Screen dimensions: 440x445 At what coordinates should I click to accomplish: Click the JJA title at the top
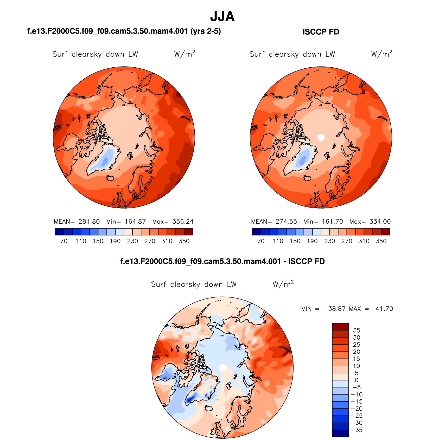tap(222, 16)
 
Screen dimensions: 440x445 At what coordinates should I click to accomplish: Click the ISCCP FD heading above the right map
tap(321, 32)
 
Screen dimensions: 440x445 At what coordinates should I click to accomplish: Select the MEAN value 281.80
tap(89, 222)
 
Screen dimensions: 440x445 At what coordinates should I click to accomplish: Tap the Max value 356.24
tap(183, 222)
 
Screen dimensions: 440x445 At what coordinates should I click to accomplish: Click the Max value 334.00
tap(380, 222)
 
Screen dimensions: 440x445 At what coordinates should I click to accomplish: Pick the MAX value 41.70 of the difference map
tap(384, 309)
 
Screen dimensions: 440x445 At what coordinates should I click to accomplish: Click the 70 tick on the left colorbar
tap(64, 241)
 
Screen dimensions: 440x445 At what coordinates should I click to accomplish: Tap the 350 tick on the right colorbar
tap(381, 241)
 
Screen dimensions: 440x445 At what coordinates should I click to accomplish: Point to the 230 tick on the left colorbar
tap(132, 241)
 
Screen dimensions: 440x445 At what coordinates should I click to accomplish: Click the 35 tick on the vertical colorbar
tap(357, 330)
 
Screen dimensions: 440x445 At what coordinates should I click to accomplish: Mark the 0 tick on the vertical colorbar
tap(357, 380)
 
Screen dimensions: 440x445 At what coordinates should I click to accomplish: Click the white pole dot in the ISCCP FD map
tap(321, 137)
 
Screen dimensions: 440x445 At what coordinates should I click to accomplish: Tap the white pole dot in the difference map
tap(222, 367)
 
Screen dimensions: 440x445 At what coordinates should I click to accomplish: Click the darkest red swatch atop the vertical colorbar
tap(340, 327)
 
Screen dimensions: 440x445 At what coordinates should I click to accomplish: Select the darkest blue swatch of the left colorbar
tap(59, 232)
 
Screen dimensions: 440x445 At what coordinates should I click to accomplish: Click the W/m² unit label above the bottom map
tap(283, 284)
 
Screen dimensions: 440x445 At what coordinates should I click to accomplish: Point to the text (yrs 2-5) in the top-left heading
tap(206, 31)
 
